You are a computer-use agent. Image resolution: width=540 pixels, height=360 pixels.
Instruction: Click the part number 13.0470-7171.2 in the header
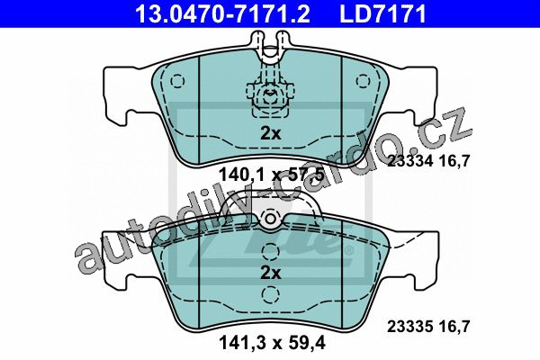point(222,14)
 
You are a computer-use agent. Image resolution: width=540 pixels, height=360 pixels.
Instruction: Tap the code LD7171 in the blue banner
point(383,14)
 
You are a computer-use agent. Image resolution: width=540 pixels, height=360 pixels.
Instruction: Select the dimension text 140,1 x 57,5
point(272,175)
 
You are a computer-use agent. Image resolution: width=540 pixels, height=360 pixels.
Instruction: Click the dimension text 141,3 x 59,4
point(272,343)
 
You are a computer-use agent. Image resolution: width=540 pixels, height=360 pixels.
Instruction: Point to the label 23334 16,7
point(428,161)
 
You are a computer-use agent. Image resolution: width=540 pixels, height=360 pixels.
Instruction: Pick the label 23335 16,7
point(428,326)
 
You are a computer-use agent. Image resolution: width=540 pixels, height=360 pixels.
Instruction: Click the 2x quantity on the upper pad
point(270,133)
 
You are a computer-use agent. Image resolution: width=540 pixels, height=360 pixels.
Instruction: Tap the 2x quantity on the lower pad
point(270,273)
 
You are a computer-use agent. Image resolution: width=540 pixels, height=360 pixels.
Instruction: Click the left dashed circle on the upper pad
point(177,82)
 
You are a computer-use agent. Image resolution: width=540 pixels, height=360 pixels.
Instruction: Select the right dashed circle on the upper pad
point(363,82)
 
